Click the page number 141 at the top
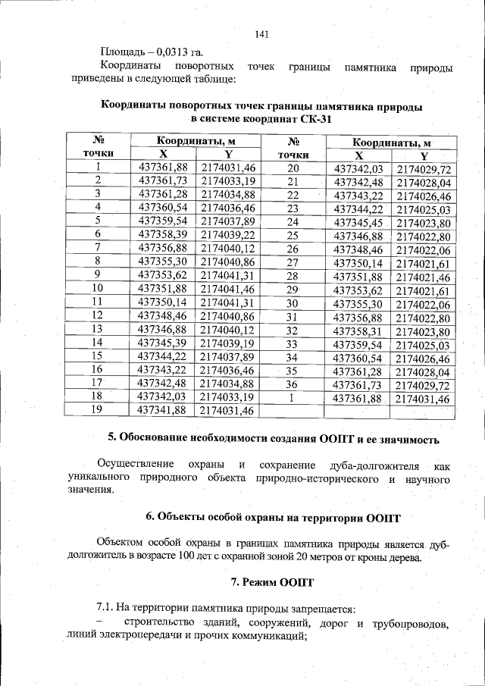(262, 34)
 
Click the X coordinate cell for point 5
(163, 221)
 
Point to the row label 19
(97, 410)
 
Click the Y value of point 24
(423, 223)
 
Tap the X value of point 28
(357, 277)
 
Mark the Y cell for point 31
(423, 318)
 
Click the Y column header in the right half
(423, 155)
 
